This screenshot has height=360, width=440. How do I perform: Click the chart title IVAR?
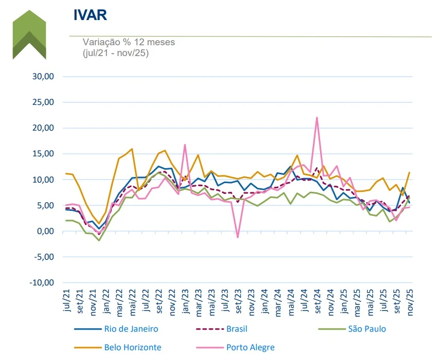tap(91, 15)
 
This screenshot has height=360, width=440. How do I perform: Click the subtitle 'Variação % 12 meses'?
tap(129, 42)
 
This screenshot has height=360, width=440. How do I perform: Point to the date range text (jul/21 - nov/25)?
tap(116, 52)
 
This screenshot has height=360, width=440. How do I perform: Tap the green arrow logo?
tap(29, 35)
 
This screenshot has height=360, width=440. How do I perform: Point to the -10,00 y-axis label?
tap(44, 283)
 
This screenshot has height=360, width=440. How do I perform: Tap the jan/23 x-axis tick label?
tap(185, 301)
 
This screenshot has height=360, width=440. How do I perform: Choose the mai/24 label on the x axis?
tap(291, 301)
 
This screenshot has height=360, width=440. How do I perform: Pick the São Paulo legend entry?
tap(366, 329)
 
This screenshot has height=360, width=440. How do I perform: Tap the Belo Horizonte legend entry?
tap(132, 347)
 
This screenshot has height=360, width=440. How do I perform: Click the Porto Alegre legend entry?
tap(250, 347)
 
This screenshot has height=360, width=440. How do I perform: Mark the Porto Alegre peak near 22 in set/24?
tap(317, 118)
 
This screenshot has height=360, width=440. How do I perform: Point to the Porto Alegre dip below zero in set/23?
tap(237, 237)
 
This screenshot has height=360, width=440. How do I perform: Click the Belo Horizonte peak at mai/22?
tap(132, 149)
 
